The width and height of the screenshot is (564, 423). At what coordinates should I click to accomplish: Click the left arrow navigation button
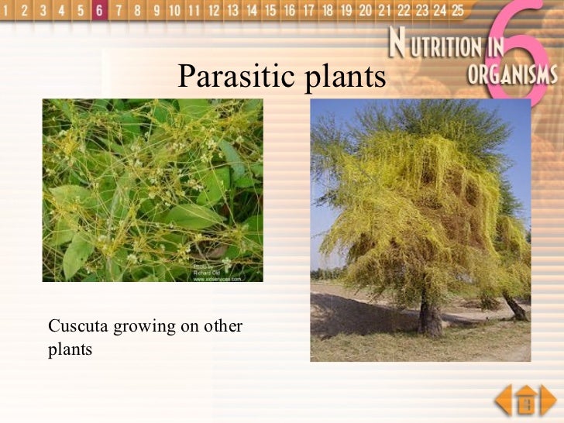tap(504, 401)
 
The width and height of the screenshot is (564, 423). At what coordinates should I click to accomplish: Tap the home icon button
tap(526, 401)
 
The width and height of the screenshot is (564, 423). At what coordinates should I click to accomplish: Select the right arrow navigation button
tap(549, 401)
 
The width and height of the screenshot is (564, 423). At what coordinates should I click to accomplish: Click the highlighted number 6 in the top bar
tap(99, 10)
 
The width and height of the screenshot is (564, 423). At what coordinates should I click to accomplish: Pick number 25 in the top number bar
tap(458, 10)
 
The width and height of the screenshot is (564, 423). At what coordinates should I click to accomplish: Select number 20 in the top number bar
tap(365, 10)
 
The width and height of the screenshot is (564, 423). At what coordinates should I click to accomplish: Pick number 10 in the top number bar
tap(174, 10)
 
